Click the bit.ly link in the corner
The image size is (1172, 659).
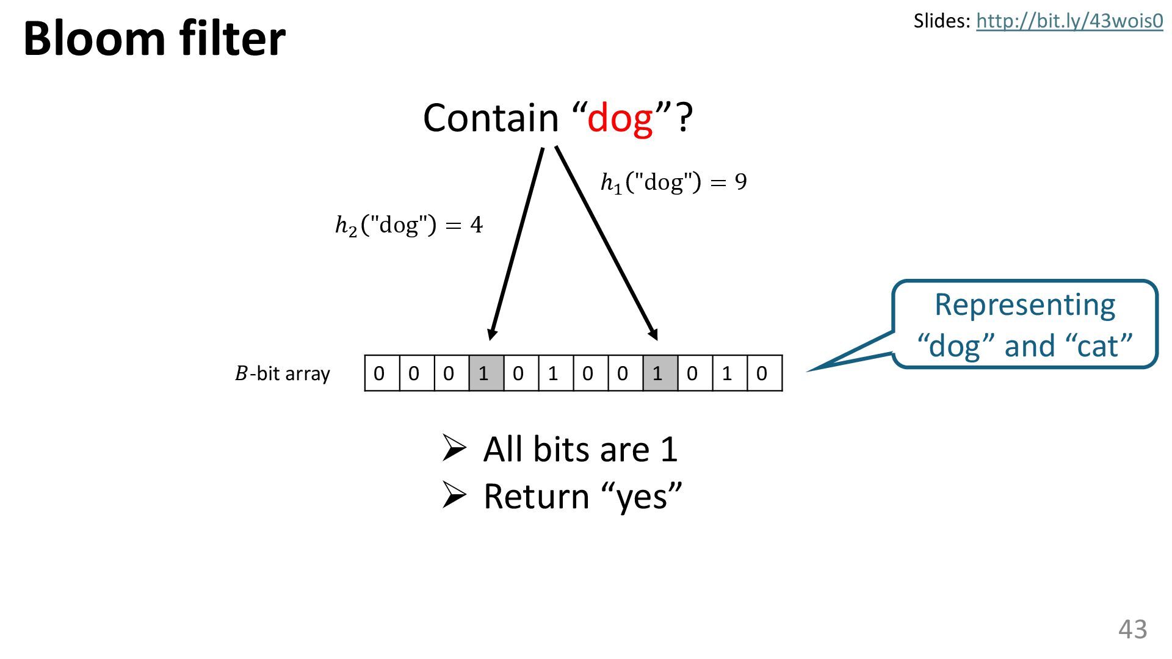point(1069,21)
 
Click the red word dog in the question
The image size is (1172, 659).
point(620,118)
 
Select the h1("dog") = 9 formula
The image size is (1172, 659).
point(673,182)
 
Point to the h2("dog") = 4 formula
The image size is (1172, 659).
point(409,225)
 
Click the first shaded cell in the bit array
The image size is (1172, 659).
point(486,373)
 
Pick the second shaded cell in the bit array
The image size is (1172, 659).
point(660,373)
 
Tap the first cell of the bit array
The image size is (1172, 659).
point(382,373)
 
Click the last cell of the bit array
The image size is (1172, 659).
point(764,373)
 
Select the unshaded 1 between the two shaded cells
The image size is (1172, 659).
point(555,373)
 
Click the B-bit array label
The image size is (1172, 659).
point(282,373)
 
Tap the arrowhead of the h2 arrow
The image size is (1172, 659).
point(491,334)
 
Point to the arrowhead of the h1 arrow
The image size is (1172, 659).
point(653,334)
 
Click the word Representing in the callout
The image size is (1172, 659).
point(1025,305)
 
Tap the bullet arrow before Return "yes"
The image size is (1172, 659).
point(454,495)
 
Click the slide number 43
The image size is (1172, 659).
point(1132,629)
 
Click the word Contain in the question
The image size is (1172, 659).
point(491,118)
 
